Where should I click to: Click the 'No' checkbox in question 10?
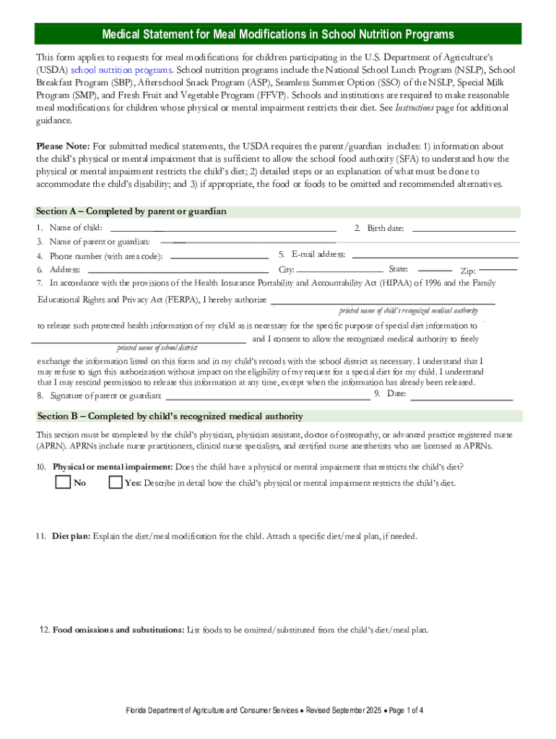pyautogui.click(x=63, y=482)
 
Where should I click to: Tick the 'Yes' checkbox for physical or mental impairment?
pyautogui.click(x=115, y=482)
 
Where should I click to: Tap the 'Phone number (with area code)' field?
pyautogui.click(x=220, y=256)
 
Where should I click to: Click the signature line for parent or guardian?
pyautogui.click(x=268, y=396)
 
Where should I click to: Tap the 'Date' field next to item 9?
pyautogui.click(x=461, y=397)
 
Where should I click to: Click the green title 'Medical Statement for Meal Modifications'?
pyautogui.click(x=278, y=35)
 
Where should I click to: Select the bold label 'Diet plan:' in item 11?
pyautogui.click(x=71, y=536)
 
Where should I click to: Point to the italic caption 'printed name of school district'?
pyautogui.click(x=157, y=348)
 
